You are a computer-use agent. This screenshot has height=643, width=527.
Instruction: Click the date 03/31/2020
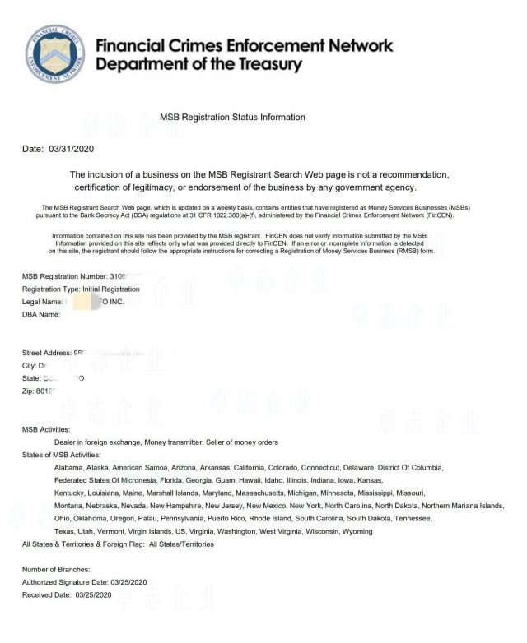click(x=72, y=149)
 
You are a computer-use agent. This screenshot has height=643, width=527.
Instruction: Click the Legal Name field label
click(x=42, y=302)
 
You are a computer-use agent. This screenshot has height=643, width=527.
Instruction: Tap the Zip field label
click(x=29, y=391)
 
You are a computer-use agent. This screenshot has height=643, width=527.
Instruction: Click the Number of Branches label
click(x=56, y=569)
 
